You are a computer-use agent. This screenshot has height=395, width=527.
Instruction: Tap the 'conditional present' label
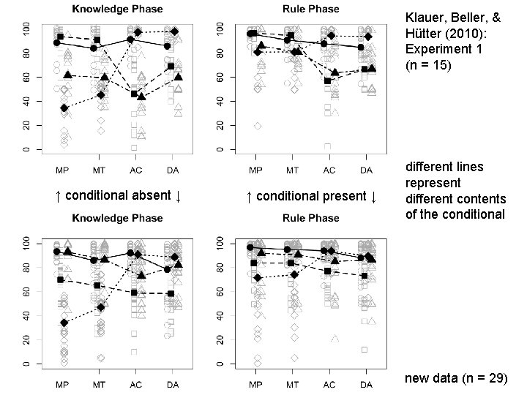point(313,196)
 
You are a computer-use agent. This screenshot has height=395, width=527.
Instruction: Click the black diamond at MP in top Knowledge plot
point(64,108)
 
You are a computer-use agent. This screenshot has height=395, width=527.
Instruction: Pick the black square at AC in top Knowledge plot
point(134,94)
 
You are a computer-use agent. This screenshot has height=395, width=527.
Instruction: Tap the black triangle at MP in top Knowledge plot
point(68,75)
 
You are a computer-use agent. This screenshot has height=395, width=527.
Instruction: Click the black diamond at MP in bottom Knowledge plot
point(64,323)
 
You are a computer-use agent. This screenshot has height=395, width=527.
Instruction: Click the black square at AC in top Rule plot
point(327,80)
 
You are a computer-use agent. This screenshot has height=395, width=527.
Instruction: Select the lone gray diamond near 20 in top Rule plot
point(257,126)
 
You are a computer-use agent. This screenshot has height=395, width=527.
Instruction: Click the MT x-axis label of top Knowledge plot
point(99,171)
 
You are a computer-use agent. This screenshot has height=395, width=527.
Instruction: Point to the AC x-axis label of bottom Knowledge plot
point(134,385)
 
